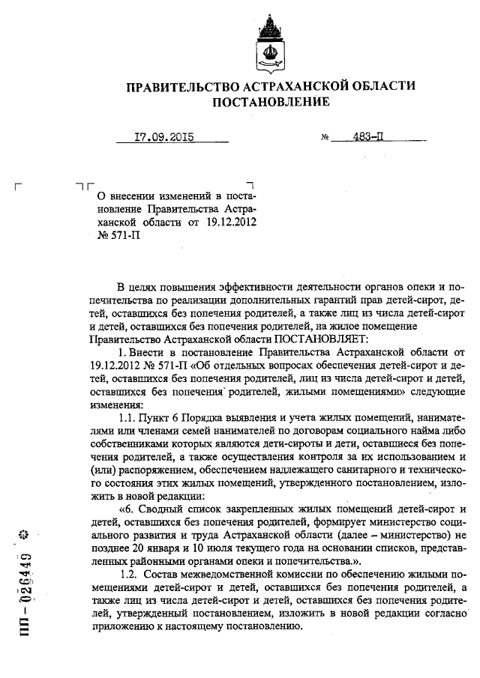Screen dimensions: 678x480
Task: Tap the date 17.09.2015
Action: click(163, 137)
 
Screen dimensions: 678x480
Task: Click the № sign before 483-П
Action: click(325, 139)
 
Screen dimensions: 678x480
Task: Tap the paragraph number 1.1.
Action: click(130, 415)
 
